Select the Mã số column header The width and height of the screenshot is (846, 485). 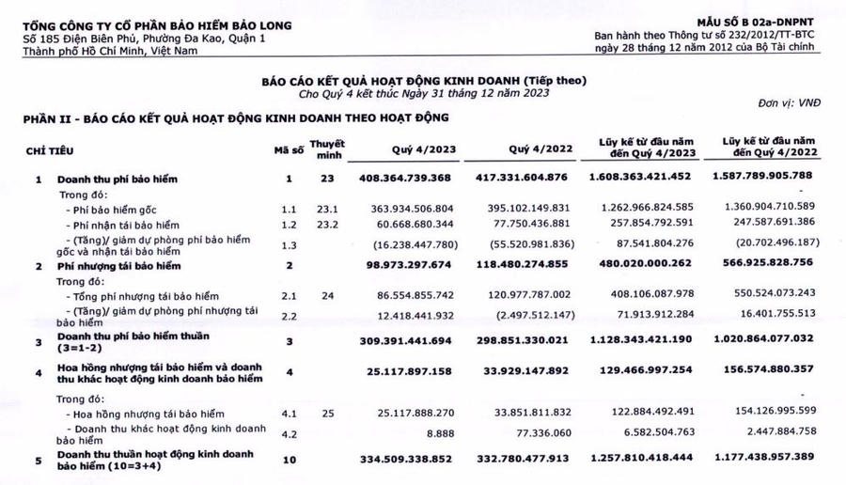coord(290,150)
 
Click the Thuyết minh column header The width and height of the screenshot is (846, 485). coord(328,150)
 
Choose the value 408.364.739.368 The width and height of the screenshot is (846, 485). coord(418,179)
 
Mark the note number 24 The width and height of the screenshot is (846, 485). coord(327,295)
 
